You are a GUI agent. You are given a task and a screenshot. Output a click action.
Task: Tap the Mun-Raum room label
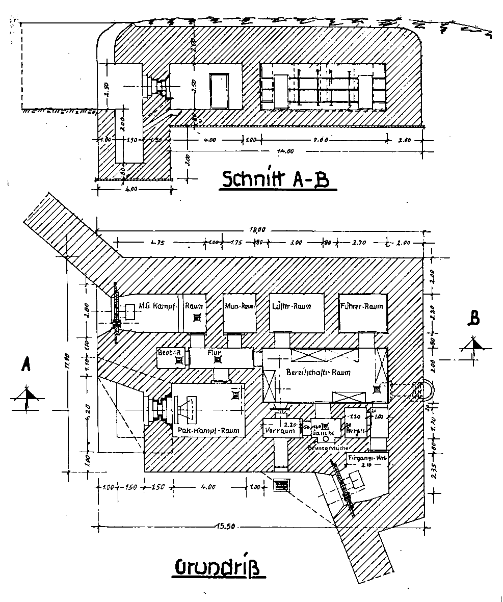coord(240,306)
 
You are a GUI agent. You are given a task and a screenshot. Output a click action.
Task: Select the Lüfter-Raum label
coord(292,306)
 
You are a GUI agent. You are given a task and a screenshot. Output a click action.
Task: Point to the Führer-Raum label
coord(361,306)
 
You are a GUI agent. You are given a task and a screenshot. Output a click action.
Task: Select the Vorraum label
coord(280,431)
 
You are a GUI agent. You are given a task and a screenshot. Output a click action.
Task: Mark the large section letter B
coord(473,319)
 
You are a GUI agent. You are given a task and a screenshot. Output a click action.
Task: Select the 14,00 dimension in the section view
coord(286,151)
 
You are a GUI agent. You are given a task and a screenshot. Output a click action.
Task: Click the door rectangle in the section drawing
coord(219,91)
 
